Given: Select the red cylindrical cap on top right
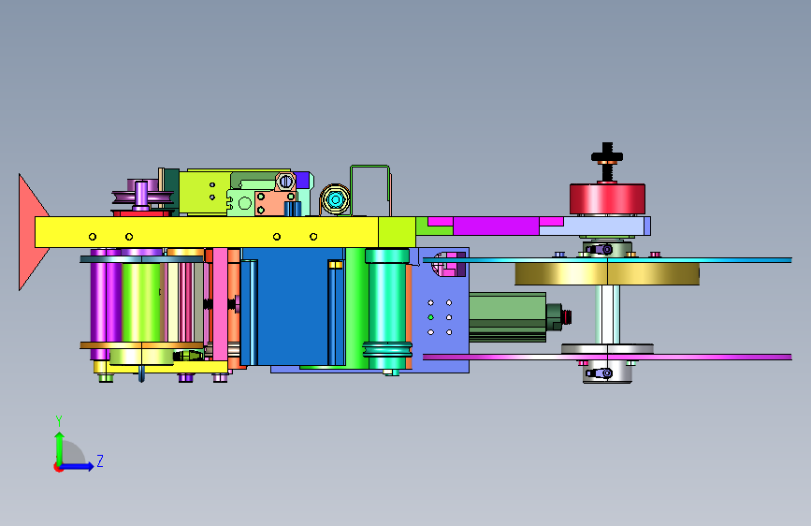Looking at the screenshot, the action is (607, 198).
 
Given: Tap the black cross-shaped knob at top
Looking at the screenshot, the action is (607, 155).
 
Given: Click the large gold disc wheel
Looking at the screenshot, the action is (607, 273).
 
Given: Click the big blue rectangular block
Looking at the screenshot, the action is (293, 306).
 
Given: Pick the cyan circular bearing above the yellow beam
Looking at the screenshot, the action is (335, 199).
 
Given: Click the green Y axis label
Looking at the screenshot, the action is (59, 420).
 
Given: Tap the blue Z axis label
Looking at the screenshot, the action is (100, 460).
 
